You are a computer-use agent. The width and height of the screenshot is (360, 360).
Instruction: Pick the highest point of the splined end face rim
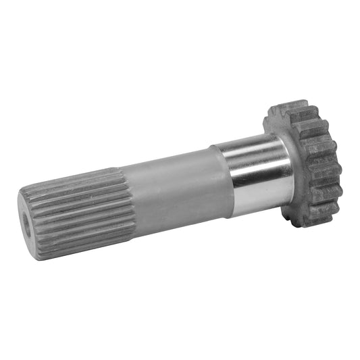[24, 191]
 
